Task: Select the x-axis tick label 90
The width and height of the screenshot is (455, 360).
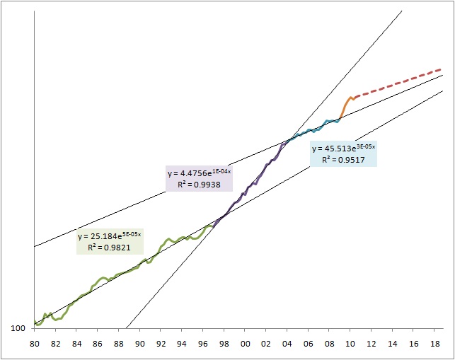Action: coord(140,344)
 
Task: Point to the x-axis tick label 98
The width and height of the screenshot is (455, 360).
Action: coord(224,344)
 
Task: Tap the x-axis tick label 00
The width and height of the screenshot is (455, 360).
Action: coord(246,344)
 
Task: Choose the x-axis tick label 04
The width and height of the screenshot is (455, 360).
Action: coord(287,344)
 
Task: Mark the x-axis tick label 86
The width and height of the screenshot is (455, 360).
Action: coord(98,344)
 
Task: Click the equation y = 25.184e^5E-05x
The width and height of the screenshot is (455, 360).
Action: coord(109,236)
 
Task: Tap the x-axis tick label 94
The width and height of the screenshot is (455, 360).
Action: coord(183,344)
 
